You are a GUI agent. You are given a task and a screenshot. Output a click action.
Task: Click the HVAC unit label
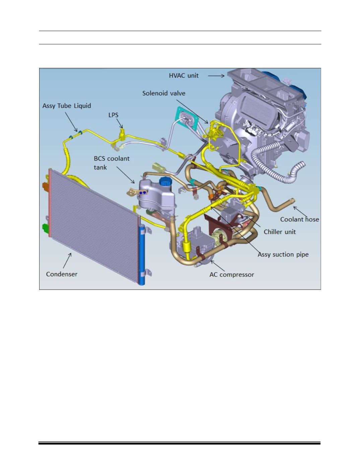pyautogui.click(x=184, y=75)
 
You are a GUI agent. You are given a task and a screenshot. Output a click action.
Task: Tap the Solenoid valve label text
pyautogui.click(x=164, y=93)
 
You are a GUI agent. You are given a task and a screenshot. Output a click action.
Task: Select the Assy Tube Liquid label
pyautogui.click(x=67, y=106)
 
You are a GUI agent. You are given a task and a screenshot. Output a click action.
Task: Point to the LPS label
pyautogui.click(x=113, y=115)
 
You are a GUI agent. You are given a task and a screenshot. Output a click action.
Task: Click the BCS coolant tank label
pyautogui.click(x=112, y=163)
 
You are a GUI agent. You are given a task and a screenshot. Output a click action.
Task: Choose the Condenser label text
pyautogui.click(x=62, y=274)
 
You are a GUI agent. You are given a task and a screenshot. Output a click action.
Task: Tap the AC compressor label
pyautogui.click(x=232, y=275)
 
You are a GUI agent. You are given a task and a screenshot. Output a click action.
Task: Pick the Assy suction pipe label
pyautogui.click(x=283, y=254)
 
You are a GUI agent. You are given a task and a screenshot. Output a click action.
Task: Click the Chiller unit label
pyautogui.click(x=280, y=232)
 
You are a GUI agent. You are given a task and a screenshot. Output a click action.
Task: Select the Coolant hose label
pyautogui.click(x=299, y=220)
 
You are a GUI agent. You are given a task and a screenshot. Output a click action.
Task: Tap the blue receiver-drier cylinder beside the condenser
pyautogui.click(x=141, y=255)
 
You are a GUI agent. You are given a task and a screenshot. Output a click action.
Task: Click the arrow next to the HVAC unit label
pyautogui.click(x=216, y=76)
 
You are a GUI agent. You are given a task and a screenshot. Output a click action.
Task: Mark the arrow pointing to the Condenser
pyautogui.click(x=67, y=261)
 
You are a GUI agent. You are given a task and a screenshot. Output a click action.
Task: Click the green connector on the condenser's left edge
pyautogui.click(x=45, y=228)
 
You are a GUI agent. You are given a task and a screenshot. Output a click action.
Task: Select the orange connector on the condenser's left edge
pyautogui.click(x=45, y=186)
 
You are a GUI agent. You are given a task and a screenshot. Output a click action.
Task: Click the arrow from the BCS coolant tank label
pyautogui.click(x=126, y=175)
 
